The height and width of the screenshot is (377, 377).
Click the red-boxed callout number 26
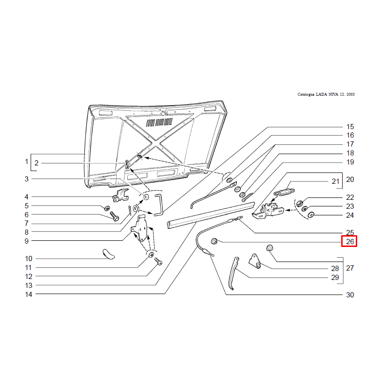coord(350,241)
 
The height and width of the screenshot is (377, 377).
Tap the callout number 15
coord(350,127)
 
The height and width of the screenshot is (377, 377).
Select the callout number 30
coord(350,295)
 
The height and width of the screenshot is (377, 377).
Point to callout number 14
coord(29,294)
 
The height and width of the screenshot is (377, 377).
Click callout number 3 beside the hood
coord(26,179)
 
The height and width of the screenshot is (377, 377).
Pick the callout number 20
coord(350,180)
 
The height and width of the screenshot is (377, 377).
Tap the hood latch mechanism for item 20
coord(268,211)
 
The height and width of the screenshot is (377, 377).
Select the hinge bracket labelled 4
coord(121,195)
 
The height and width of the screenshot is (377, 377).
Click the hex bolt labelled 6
coord(115,216)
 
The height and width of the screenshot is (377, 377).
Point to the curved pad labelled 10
coord(109,254)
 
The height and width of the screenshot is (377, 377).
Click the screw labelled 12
coord(158,262)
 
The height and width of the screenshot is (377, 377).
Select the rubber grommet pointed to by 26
coord(214,241)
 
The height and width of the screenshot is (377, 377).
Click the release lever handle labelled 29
coord(233,273)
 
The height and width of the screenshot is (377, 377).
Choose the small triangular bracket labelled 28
coord(255,261)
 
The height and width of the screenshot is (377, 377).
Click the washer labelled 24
coord(311,214)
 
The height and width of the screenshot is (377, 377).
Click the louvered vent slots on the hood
coord(159,123)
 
